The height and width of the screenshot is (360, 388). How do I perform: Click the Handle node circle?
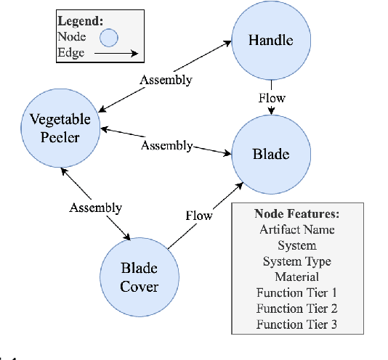click(271, 40)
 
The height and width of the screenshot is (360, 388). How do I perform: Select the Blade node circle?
click(271, 154)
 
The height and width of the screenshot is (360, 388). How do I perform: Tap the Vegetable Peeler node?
click(60, 129)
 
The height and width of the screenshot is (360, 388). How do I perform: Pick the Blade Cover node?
click(139, 277)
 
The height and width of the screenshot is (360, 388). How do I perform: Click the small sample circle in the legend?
click(109, 37)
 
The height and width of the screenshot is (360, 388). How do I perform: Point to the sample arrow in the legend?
click(116, 53)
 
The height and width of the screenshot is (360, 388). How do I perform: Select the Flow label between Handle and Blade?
click(272, 97)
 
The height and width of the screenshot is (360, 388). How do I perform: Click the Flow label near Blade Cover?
click(198, 216)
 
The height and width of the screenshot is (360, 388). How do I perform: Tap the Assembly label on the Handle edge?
click(166, 79)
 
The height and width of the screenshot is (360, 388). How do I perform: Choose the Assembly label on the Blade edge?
click(166, 146)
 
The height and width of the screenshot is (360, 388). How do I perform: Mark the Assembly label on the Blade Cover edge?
click(95, 208)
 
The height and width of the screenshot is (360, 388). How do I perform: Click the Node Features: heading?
click(297, 214)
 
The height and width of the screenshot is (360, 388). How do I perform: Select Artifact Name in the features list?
click(296, 230)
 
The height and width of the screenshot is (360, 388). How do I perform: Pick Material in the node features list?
click(296, 277)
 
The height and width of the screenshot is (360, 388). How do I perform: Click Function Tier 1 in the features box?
click(296, 292)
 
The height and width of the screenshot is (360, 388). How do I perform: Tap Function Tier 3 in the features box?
click(296, 324)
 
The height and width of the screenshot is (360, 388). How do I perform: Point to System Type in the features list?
click(296, 261)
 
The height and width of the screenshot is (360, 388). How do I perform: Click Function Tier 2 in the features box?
click(296, 308)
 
